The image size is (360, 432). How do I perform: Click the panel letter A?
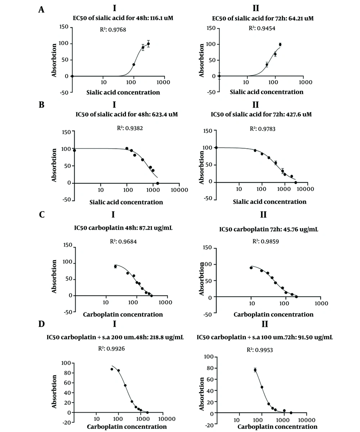41,10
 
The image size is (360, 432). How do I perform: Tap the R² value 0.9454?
265,28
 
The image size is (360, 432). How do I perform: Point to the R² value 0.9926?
114,348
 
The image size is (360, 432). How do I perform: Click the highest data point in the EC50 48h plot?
148,44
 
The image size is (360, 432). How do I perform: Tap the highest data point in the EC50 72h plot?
280,45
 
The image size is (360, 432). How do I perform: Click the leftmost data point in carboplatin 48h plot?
116,266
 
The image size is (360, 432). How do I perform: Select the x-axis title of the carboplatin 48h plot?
123,314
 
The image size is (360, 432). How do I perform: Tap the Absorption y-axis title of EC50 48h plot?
54,60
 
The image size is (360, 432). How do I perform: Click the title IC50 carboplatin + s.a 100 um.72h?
265,338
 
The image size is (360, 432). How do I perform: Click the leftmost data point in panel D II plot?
255,370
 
